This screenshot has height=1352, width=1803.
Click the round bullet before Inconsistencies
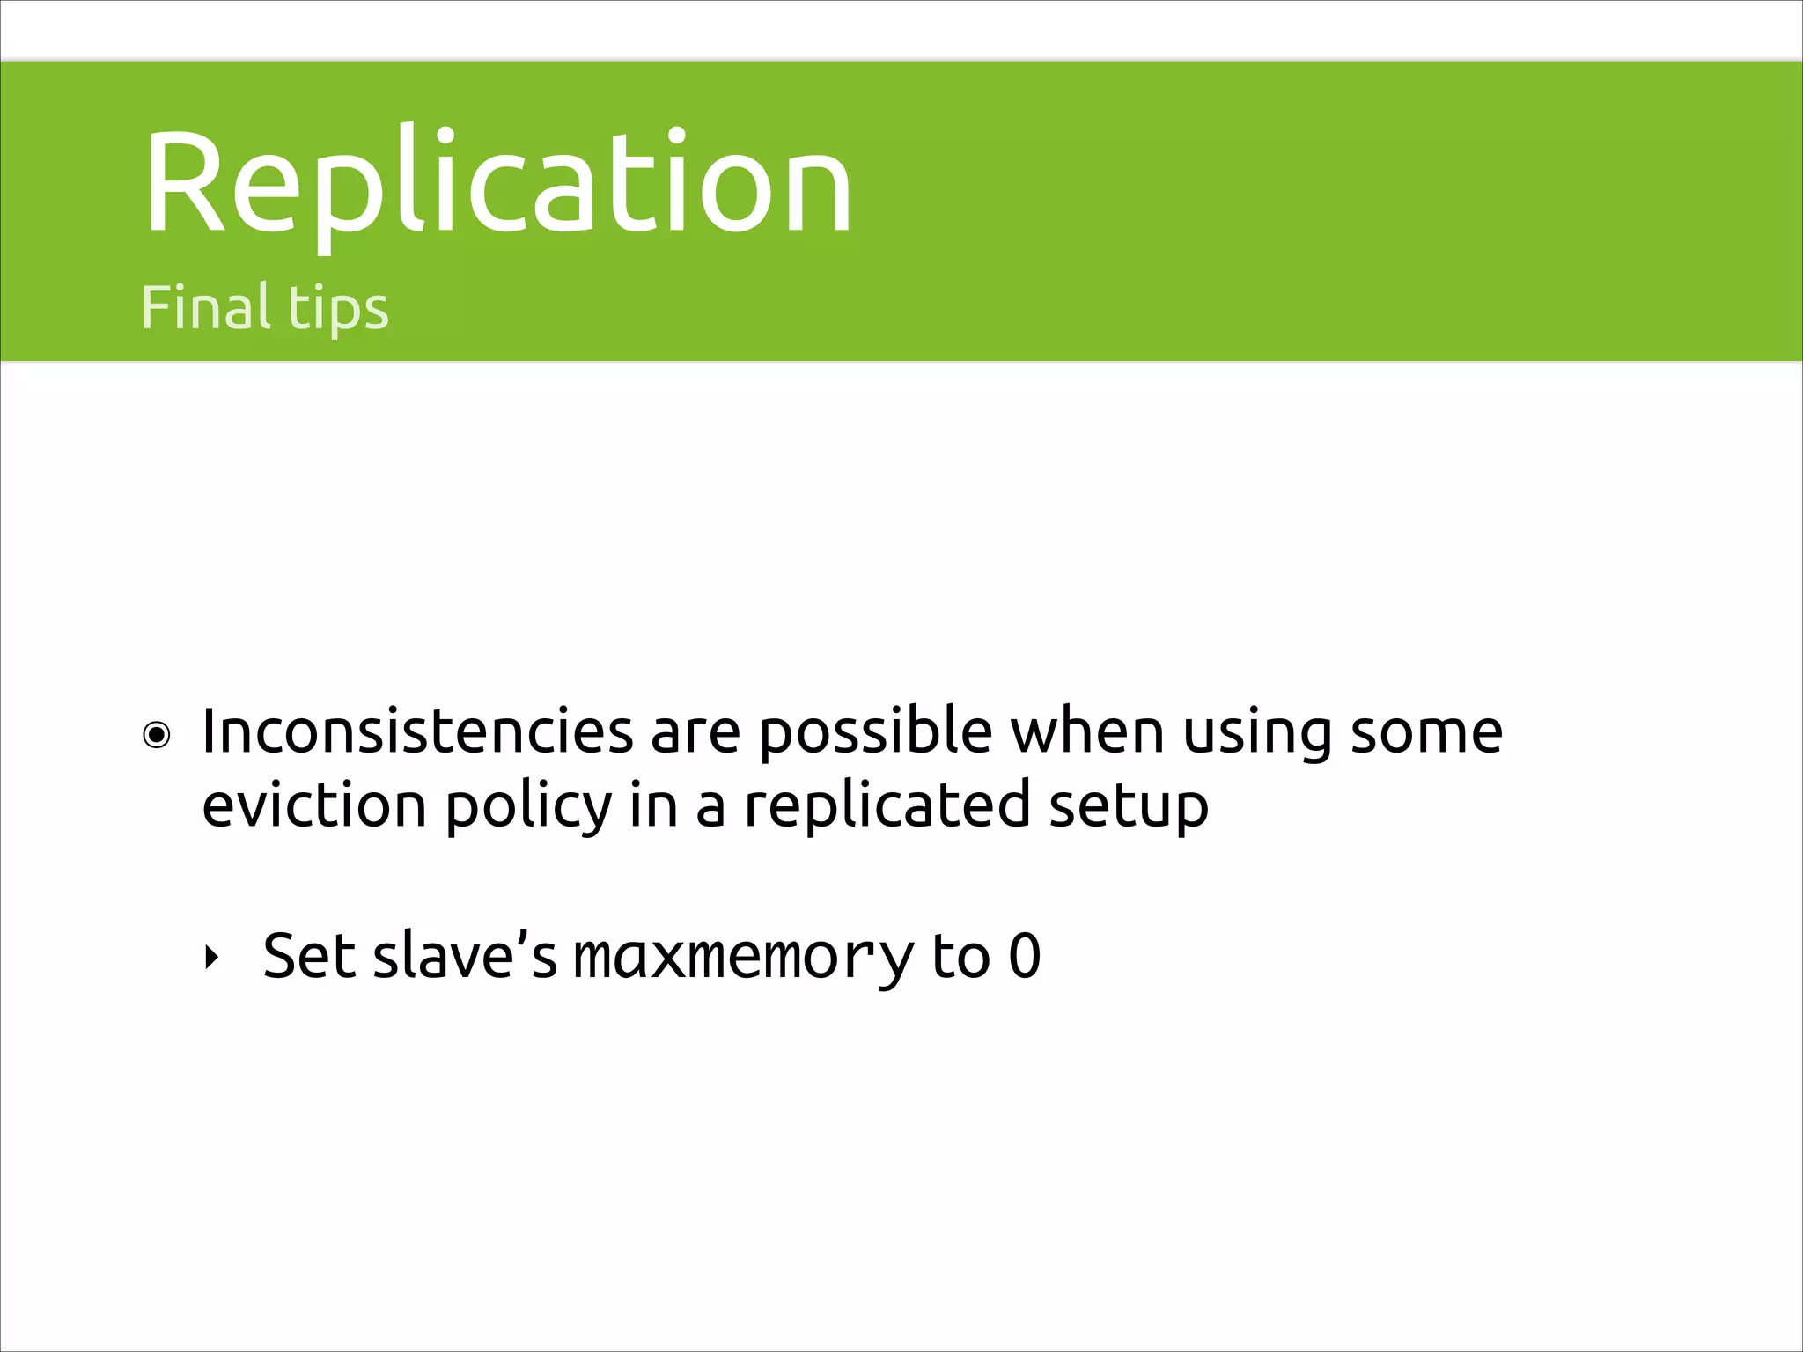[x=157, y=735]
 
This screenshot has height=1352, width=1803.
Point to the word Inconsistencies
[x=417, y=731]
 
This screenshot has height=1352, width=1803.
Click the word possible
[x=875, y=733]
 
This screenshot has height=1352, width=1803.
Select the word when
[x=1087, y=731]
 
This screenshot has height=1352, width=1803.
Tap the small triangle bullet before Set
[x=210, y=957]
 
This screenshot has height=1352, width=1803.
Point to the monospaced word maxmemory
[x=744, y=957]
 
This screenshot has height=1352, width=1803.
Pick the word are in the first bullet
[x=695, y=733]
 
